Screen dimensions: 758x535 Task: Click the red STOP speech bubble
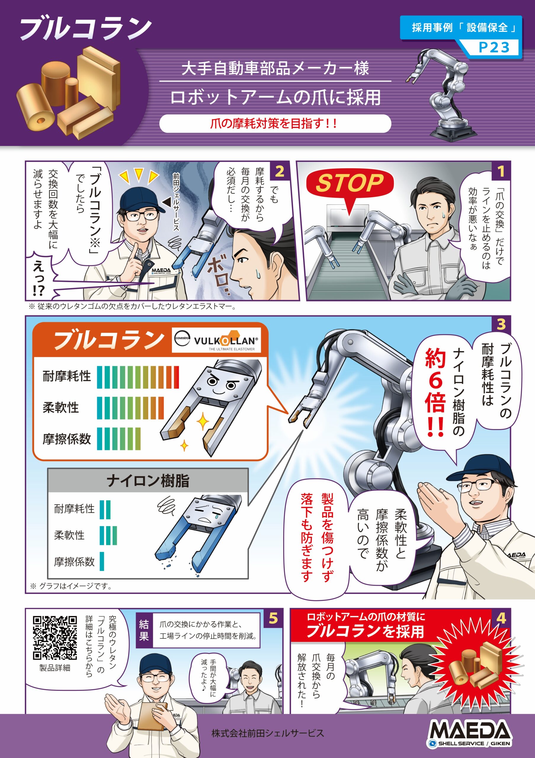coord(349,184)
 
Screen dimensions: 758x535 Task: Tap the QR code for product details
coord(55,637)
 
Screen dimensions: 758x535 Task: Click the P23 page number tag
coord(494,48)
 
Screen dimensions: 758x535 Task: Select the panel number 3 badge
coord(501,324)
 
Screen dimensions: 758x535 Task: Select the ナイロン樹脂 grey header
coord(148,481)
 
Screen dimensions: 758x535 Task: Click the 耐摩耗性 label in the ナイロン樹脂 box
coord(74,509)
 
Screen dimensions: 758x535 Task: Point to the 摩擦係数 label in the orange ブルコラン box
coord(66,439)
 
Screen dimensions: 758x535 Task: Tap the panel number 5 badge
coord(273,618)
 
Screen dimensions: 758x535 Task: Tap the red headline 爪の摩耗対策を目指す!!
coord(274,124)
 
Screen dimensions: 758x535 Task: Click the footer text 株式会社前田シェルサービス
coord(267,733)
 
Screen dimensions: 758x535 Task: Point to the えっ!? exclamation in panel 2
coord(39,279)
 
